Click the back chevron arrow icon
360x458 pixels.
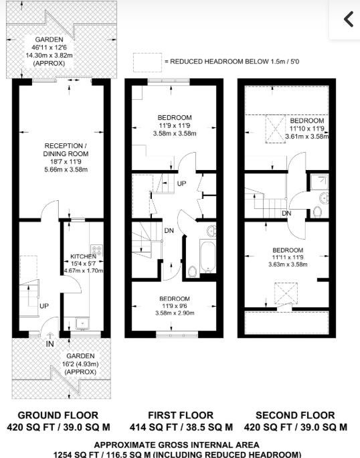349,19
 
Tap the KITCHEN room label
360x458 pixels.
83,256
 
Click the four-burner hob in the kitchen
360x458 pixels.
96,250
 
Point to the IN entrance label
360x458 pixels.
50,343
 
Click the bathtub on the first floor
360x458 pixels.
208,256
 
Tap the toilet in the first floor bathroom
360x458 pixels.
193,272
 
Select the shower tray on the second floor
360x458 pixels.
319,181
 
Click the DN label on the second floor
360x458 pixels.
286,213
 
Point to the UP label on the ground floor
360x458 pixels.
44,306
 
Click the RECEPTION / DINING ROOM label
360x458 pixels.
66,149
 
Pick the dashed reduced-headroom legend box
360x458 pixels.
147,62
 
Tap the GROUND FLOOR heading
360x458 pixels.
58,415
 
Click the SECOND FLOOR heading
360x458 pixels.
295,415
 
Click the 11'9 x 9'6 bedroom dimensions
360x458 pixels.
175,306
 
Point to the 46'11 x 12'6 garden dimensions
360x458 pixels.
49,47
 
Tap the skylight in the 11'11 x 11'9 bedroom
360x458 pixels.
286,294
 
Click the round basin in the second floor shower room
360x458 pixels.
324,198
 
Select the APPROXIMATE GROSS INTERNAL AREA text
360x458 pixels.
177,445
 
